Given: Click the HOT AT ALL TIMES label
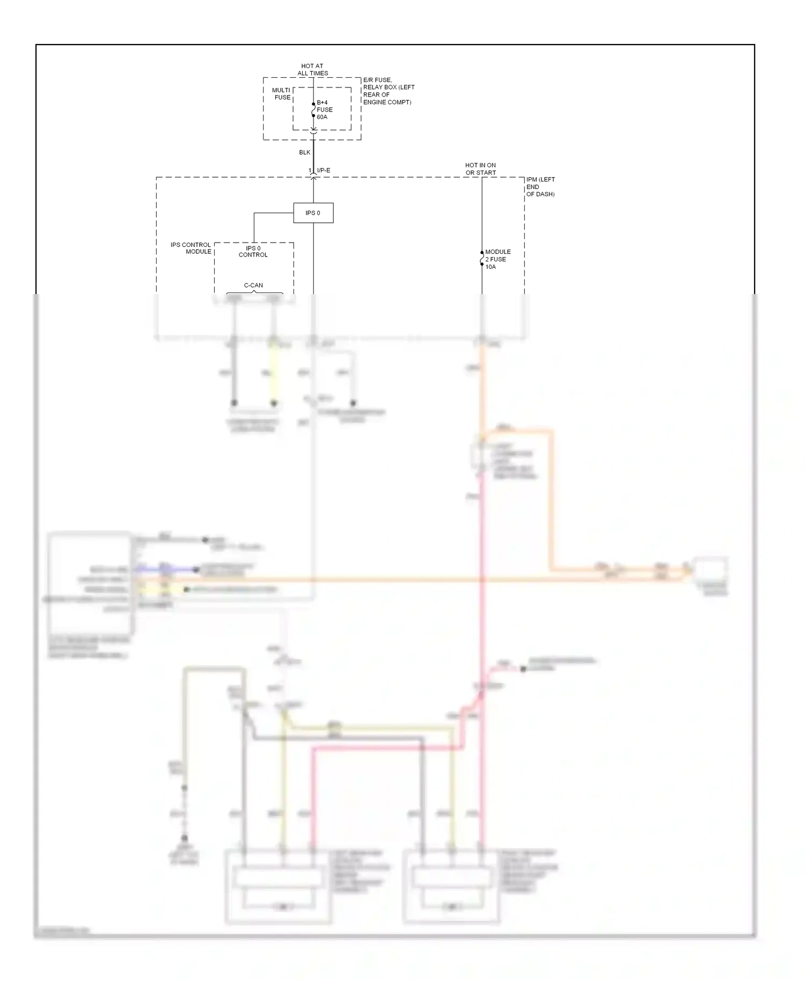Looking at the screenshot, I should (x=312, y=70).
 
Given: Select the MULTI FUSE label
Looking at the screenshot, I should (x=282, y=94).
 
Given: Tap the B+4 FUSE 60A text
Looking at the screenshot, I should (x=324, y=109).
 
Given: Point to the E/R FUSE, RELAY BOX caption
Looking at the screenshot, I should (x=389, y=91).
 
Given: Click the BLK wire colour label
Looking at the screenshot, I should (x=305, y=152).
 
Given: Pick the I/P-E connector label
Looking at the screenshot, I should (x=324, y=171).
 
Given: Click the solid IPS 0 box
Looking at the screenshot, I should (x=313, y=213).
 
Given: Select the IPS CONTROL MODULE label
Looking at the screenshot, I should (x=191, y=248).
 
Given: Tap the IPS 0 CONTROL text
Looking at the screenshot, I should (x=253, y=252).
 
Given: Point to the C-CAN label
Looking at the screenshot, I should (x=253, y=285).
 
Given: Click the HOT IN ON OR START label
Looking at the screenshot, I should (x=480, y=169).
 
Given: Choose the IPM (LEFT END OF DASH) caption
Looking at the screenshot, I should (x=540, y=187).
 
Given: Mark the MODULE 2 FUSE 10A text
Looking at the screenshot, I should (x=497, y=259).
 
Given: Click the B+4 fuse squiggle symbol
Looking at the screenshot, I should (x=313, y=110).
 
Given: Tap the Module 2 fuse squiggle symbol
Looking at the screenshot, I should (x=482, y=259).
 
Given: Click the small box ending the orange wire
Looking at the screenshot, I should (x=710, y=569).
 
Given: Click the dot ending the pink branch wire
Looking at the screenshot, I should (x=523, y=669).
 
